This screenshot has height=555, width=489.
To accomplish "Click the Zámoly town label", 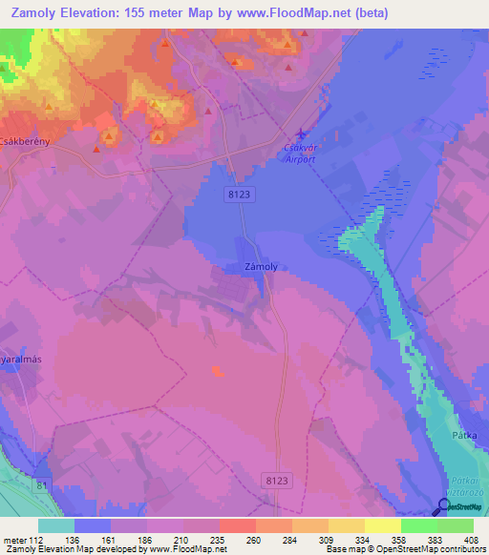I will pos(260,267).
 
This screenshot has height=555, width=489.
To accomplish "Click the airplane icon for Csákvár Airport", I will pos(303,134).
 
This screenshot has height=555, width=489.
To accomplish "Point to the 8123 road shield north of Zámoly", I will pos(241,194).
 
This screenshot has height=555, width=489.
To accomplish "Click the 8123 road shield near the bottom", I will pos(274,483).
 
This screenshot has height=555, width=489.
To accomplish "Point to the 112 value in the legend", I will pos(35,539).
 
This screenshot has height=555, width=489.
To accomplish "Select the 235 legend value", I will pos(219,539).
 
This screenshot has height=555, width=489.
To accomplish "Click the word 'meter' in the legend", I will pos(13,539).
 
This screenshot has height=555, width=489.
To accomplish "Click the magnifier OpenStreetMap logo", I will pos(442,507).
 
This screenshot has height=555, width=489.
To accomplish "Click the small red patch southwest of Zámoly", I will pos(218,370).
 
